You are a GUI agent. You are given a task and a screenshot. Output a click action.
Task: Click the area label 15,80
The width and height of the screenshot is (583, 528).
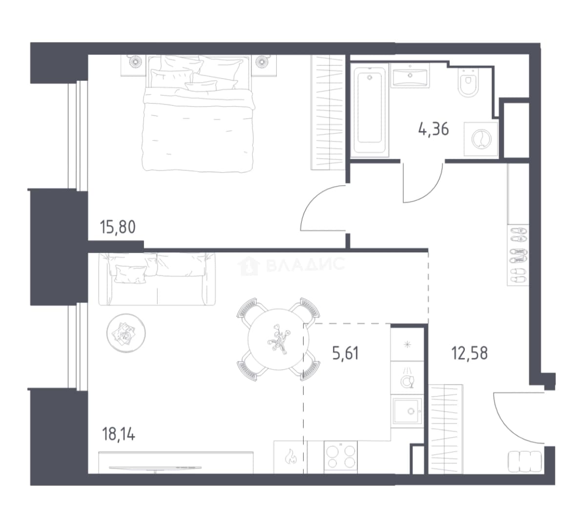(118, 227)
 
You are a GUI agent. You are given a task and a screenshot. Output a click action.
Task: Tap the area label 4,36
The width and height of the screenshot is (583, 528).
(434, 129)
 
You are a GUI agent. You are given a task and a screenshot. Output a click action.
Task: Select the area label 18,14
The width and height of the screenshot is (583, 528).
(119, 434)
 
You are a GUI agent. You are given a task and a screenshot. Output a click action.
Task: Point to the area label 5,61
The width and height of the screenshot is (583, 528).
(346, 353)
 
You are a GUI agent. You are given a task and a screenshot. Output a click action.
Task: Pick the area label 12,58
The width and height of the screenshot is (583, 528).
(469, 352)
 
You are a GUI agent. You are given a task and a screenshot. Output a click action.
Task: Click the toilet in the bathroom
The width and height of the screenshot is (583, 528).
(468, 83)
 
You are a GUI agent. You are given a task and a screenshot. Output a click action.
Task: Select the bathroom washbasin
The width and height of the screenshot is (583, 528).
(410, 76)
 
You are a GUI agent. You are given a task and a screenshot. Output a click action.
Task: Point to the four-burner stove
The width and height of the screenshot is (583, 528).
(341, 457)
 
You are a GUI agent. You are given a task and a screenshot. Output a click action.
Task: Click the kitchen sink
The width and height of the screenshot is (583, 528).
(408, 411)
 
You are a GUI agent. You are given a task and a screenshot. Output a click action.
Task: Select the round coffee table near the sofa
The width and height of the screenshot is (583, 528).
(126, 332)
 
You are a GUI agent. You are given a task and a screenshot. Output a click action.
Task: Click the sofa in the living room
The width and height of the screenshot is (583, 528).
(157, 279)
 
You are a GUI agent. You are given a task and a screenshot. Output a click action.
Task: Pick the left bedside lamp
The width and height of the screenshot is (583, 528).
(134, 61)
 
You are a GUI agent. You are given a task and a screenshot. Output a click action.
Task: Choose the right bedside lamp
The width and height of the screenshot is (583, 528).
(263, 61)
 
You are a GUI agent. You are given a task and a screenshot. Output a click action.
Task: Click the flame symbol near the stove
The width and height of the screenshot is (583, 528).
(291, 457)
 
